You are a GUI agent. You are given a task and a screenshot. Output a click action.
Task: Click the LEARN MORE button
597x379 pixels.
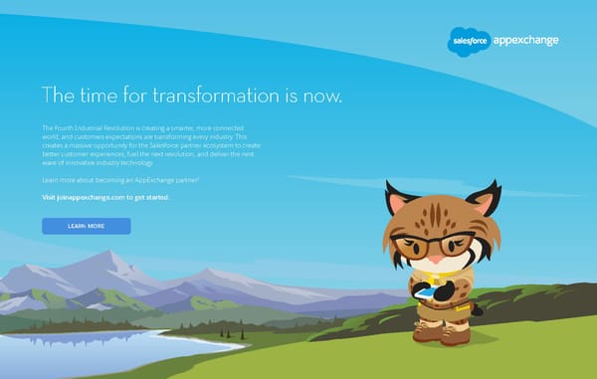[x=86, y=226]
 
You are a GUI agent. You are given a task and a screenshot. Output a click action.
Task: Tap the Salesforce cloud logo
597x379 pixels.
[x=467, y=40]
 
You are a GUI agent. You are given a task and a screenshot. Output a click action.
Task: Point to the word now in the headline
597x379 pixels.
[x=325, y=96]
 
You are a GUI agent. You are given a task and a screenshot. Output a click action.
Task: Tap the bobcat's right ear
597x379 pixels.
[x=485, y=198]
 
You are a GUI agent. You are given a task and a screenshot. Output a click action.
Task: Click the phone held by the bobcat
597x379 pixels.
[x=425, y=293]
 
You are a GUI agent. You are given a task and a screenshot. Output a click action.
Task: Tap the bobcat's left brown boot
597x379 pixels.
[x=428, y=334]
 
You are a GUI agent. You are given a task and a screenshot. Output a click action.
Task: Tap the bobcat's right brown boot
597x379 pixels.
[x=459, y=335]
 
